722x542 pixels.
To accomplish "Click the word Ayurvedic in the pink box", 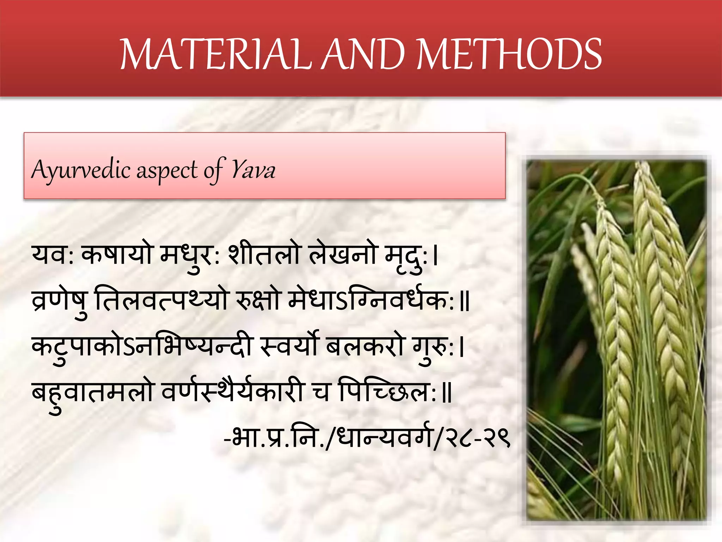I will (81, 170).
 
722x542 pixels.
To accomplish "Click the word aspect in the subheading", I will (167, 171).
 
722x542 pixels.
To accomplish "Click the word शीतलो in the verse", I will (264, 254).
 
